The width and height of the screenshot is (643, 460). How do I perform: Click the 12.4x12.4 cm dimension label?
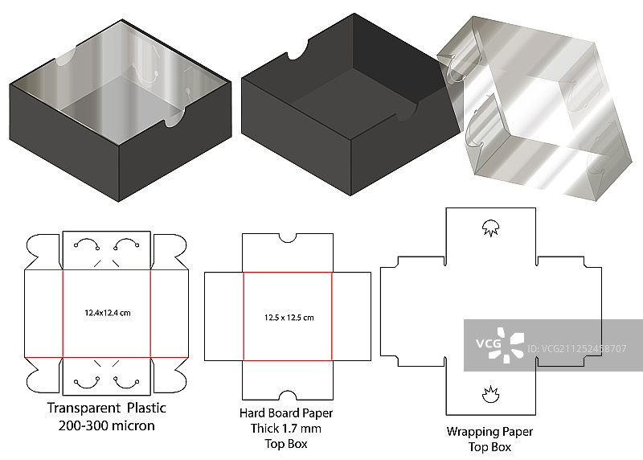coord(107,312)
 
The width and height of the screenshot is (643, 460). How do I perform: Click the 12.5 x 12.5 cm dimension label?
coord(289,317)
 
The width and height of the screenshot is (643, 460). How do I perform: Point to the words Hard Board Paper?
coord(286,413)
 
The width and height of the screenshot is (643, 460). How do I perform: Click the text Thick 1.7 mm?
coord(286,428)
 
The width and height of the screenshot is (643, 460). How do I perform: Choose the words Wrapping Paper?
coord(489,432)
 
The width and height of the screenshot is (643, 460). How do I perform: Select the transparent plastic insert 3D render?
coord(530,105)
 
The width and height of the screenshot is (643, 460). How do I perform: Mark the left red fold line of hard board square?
coord(244,316)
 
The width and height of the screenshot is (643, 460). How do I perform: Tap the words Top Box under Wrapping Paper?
coord(489,447)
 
